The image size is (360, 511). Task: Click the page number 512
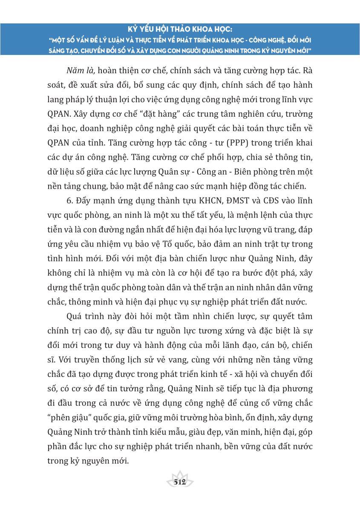pyautogui.click(x=180, y=482)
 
